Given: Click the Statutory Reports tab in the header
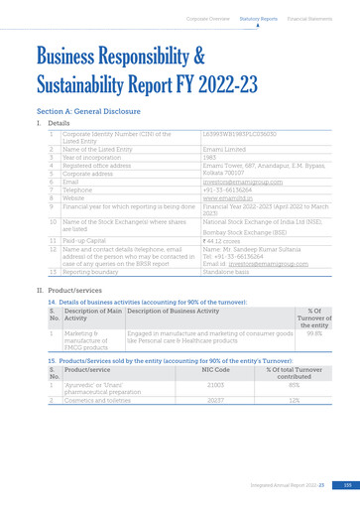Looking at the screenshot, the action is [258, 18].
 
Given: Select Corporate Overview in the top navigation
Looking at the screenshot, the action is [205, 18].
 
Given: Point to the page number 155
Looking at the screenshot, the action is [334, 484].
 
